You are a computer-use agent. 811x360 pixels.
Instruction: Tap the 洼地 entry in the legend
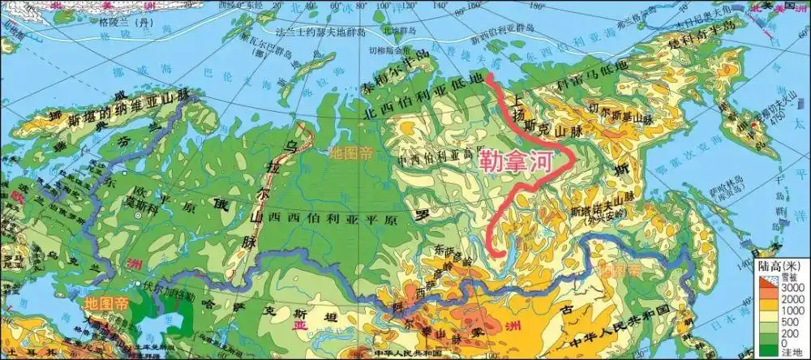791,349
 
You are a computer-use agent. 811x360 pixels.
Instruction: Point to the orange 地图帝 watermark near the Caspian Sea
106,302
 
